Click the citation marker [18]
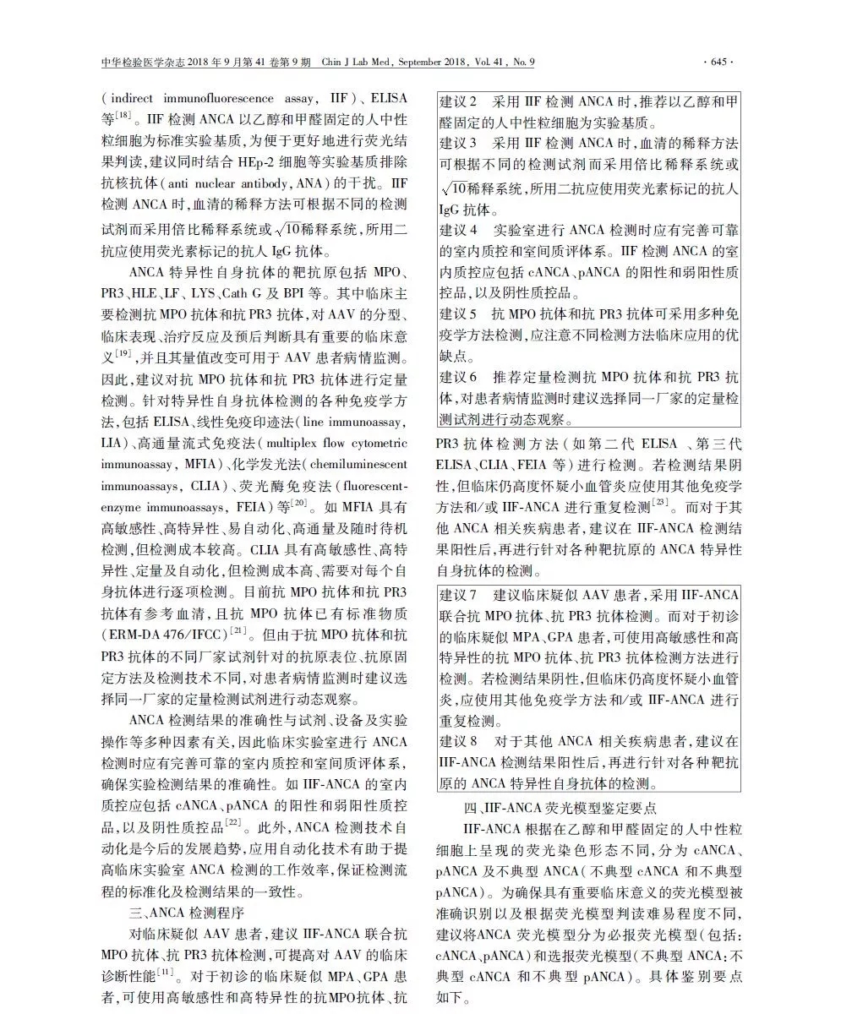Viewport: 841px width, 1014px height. click(123, 115)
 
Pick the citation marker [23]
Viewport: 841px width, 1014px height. click(660, 504)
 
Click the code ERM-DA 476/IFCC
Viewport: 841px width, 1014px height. click(166, 634)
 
